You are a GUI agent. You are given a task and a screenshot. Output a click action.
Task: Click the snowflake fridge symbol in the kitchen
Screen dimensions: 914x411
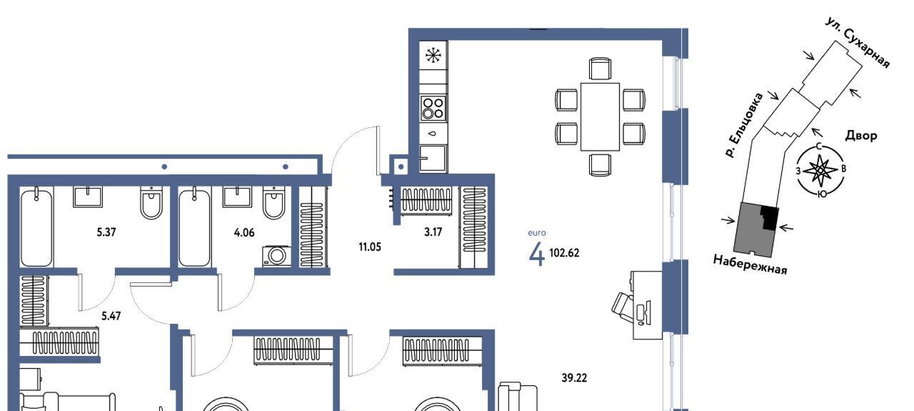tap(433, 55)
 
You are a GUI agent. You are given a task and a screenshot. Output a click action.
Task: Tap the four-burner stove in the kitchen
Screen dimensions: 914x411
tap(433, 108)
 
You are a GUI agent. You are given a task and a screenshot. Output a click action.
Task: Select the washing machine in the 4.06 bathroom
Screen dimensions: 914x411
tap(277, 256)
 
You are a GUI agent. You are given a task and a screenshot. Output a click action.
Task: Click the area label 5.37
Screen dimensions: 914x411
tap(106, 232)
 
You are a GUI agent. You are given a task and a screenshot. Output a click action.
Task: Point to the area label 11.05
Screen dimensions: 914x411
tap(370, 247)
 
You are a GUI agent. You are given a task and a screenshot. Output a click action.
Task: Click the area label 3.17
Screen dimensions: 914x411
tap(433, 232)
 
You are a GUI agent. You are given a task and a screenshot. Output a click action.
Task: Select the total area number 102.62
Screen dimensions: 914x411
tap(564, 253)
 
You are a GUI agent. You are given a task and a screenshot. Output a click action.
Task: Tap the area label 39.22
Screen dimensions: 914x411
tap(574, 378)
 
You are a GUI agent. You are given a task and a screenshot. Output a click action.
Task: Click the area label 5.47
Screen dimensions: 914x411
tap(111, 316)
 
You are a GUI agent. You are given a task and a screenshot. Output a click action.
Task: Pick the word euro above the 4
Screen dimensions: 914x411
tap(537, 233)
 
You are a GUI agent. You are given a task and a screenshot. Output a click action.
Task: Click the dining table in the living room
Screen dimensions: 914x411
tap(600, 117)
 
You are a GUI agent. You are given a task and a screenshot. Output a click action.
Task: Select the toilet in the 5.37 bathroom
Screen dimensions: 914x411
tap(151, 202)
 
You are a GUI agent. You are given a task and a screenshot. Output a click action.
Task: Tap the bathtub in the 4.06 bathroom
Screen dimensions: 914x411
tap(195, 227)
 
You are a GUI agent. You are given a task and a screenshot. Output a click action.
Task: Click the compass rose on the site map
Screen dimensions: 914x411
tap(820, 170)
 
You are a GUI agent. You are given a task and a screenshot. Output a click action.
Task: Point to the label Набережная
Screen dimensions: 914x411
tap(750, 264)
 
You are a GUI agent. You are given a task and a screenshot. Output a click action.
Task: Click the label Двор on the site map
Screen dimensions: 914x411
tap(861, 135)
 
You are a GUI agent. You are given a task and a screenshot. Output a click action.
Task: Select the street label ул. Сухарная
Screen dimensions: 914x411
tap(857, 42)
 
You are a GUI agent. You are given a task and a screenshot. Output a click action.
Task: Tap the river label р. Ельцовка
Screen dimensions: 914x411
tap(744, 125)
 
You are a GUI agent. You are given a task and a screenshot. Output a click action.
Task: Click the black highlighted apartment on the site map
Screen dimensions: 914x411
tap(769, 217)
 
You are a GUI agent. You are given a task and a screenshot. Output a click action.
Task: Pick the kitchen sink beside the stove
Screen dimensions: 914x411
tap(433, 158)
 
